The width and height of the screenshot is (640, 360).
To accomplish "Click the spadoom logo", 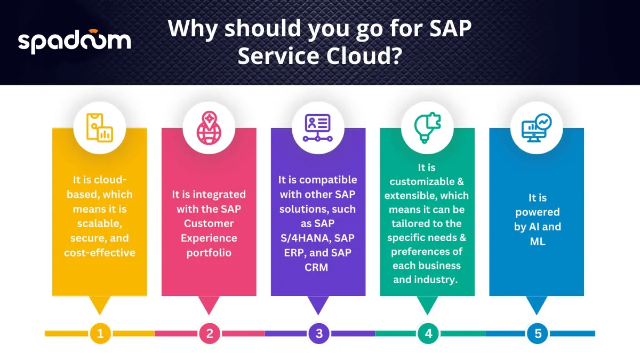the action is (74, 42).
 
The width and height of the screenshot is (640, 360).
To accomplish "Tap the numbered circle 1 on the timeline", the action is (100, 333).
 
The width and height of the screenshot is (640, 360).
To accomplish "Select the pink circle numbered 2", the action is (210, 333).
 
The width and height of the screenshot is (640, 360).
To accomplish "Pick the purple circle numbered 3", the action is (319, 333).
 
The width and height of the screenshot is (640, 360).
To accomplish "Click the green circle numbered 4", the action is (428, 333).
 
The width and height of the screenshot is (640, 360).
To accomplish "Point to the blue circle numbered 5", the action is (538, 333).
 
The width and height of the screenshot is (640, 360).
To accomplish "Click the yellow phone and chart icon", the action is (99, 127).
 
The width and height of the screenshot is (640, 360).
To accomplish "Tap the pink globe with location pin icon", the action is (209, 127).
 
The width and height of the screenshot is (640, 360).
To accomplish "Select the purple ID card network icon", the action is (318, 127).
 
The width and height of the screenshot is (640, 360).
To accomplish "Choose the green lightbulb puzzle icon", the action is (427, 127).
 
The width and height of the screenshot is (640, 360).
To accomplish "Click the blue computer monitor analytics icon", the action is (537, 127).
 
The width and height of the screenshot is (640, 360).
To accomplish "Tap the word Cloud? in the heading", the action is (364, 55).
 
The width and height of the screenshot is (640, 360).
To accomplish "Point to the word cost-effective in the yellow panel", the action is (100, 253).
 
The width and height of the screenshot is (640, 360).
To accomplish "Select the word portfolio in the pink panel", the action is (209, 253).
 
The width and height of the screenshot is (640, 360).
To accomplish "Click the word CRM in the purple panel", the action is (316, 267).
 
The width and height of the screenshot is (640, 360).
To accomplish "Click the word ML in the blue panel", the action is (538, 242).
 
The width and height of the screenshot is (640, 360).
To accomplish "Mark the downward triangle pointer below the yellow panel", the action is (100, 305).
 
